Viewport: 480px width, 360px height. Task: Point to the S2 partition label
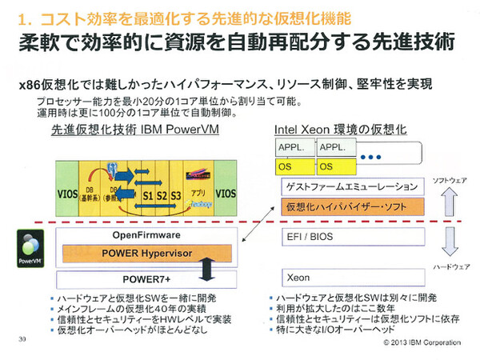tap(162, 194)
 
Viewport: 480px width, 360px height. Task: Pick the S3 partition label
tap(176, 194)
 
